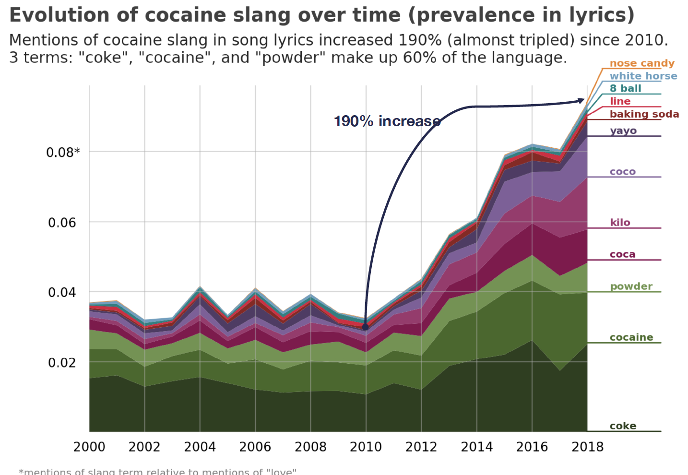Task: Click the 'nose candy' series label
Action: [642, 63]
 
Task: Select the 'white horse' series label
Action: [643, 76]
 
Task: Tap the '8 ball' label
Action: [625, 88]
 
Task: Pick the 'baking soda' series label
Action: [644, 114]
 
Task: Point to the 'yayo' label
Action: [623, 131]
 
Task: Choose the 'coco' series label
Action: [623, 172]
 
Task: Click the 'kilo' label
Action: [620, 223]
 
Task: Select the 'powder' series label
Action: [631, 286]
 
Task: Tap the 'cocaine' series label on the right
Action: [631, 337]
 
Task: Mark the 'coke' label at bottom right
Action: [623, 426]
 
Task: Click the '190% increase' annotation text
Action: [387, 121]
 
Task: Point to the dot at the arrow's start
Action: [365, 327]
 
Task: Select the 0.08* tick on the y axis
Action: [63, 153]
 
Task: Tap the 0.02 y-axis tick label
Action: [62, 363]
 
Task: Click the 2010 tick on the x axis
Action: [366, 447]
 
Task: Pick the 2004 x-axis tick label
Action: [200, 447]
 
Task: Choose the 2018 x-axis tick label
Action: [587, 447]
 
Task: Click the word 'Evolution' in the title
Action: [58, 15]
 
